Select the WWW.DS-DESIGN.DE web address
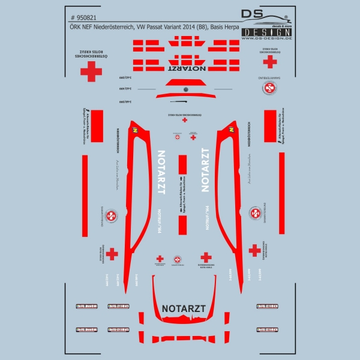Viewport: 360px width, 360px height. coord(266,38)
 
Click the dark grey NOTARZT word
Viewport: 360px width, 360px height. coord(184,309)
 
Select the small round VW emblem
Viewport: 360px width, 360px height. coord(185,89)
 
